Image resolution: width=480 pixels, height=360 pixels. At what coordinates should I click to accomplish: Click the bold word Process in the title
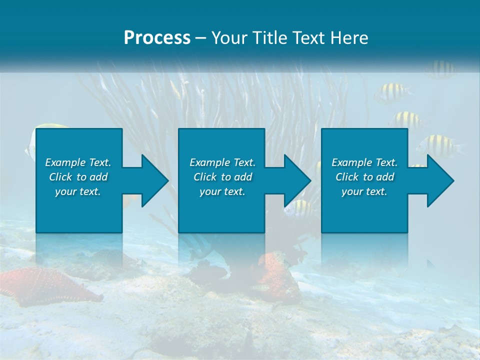[x=157, y=38]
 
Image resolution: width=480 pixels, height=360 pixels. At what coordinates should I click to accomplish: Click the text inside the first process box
[x=78, y=177]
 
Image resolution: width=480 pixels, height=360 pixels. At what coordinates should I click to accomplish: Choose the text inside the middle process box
[x=222, y=177]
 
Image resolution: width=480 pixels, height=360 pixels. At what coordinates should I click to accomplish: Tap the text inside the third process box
[x=364, y=177]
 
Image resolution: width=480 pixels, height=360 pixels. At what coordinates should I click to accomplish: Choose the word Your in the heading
[x=230, y=38]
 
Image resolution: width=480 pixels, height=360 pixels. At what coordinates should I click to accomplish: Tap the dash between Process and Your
[x=201, y=38]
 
